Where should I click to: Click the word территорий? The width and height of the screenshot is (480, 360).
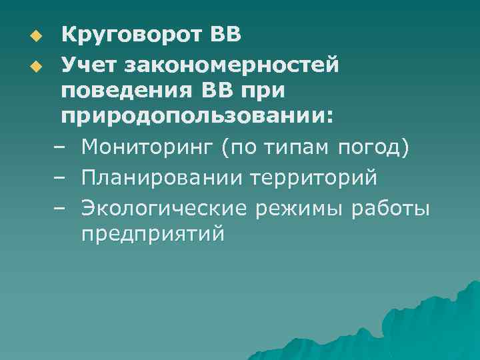pyautogui.click(x=314, y=179)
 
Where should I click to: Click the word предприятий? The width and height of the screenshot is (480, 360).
pyautogui.click(x=153, y=235)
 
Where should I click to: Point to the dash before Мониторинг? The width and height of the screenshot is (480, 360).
pyautogui.click(x=59, y=148)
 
